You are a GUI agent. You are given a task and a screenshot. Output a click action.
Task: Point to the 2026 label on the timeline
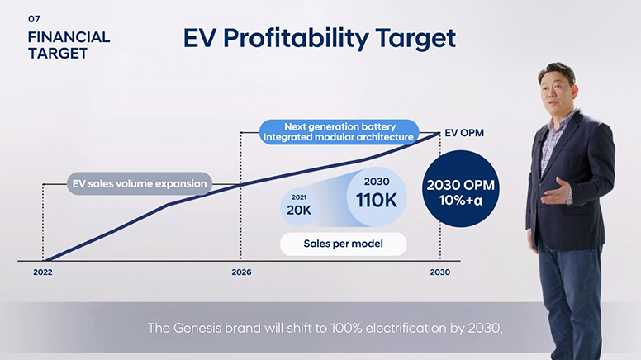(x=241, y=272)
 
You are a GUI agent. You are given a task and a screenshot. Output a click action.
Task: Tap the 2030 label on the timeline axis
(x=439, y=272)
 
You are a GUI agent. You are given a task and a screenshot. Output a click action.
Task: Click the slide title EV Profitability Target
(x=318, y=38)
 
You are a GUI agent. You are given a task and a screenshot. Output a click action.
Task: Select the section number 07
(x=34, y=18)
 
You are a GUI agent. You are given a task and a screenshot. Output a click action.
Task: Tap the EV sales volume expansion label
(x=139, y=183)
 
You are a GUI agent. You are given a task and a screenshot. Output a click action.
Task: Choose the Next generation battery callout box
(x=337, y=132)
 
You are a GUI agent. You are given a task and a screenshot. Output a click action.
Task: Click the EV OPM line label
(x=463, y=132)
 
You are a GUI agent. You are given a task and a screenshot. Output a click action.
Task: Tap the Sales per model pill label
(x=343, y=244)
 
